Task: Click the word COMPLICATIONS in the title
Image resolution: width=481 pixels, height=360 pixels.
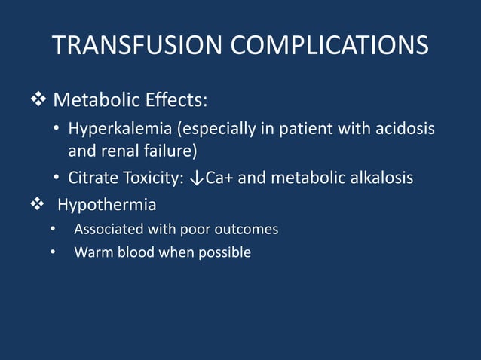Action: click(329, 45)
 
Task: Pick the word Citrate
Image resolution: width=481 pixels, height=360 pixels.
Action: click(92, 178)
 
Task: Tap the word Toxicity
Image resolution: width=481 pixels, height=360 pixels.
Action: click(152, 178)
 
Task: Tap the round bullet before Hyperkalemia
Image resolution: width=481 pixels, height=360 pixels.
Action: click(57, 129)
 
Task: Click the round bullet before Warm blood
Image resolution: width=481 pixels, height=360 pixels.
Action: click(53, 252)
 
